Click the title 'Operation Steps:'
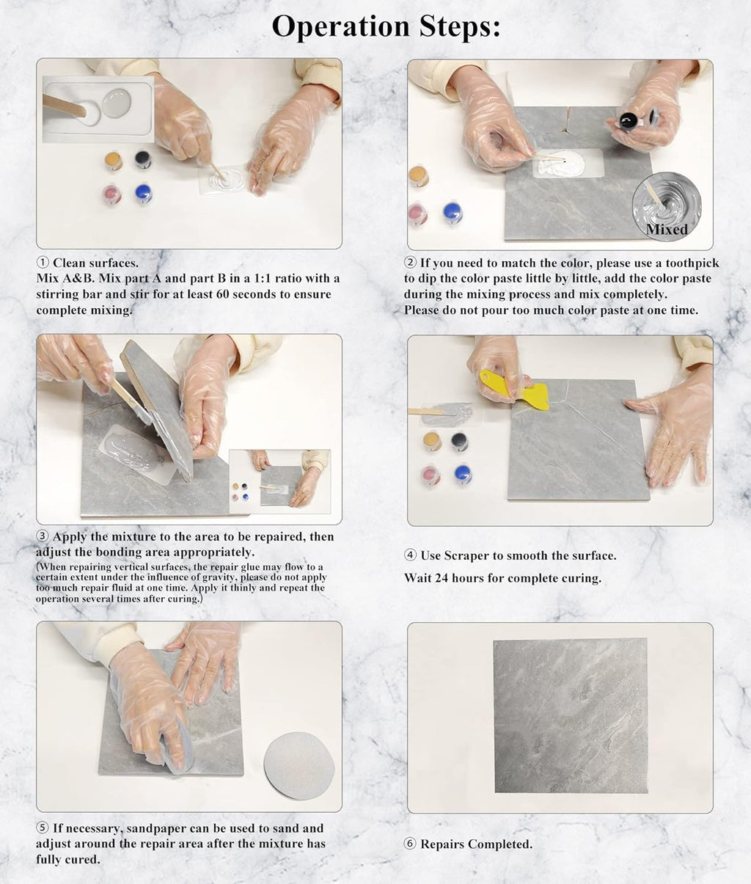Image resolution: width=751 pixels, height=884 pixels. click(x=386, y=27)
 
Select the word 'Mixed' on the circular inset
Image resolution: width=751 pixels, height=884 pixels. click(x=667, y=229)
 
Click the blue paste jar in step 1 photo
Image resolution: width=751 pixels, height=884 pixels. click(x=144, y=194)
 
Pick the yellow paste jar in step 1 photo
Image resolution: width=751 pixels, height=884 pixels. click(x=113, y=160)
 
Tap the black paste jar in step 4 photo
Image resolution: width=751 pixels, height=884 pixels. click(x=459, y=441)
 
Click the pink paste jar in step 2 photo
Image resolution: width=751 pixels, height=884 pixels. click(x=417, y=213)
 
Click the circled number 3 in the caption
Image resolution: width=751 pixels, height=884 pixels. click(x=43, y=537)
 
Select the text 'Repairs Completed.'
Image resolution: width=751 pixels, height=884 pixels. click(x=476, y=844)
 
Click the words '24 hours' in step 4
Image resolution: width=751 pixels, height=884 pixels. click(x=460, y=578)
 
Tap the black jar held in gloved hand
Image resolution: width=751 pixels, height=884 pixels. click(x=628, y=120)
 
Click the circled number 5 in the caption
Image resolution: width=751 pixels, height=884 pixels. click(x=43, y=828)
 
